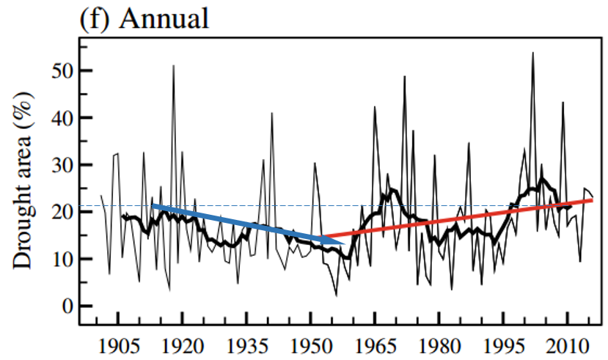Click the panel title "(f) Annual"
pos(144,18)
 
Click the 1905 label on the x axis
pos(119,345)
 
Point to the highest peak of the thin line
pos(532,53)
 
